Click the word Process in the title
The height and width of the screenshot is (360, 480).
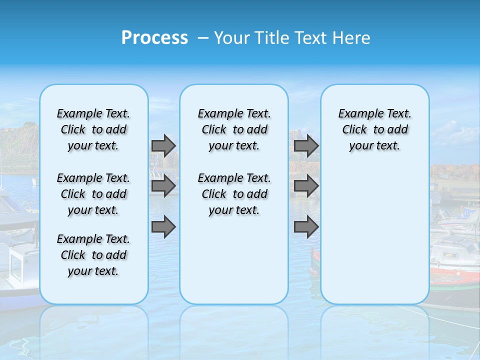click(154, 38)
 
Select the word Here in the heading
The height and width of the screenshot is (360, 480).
click(350, 38)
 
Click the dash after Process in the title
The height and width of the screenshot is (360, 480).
click(203, 38)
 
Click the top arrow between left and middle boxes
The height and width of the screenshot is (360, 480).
click(163, 145)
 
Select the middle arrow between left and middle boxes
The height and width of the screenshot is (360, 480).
click(163, 186)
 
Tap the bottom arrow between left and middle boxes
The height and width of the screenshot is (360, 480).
click(163, 227)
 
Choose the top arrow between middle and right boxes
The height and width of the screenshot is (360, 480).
click(306, 145)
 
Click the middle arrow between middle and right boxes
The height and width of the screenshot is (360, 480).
click(306, 186)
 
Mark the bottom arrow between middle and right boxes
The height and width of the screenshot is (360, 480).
click(306, 227)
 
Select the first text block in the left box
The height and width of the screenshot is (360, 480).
click(93, 129)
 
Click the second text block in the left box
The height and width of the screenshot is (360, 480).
click(93, 194)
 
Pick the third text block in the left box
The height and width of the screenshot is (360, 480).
click(93, 255)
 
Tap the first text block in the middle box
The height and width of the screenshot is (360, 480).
click(234, 129)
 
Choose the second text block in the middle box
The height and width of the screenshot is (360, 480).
click(234, 194)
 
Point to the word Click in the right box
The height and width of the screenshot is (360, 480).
click(354, 130)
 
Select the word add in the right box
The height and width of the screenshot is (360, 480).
click(398, 130)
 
